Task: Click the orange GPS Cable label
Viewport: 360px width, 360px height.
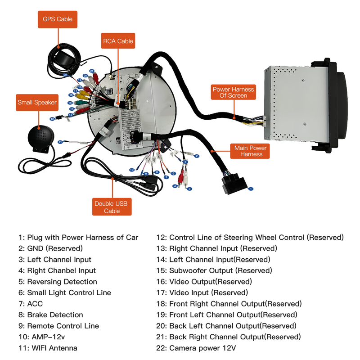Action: [57, 19]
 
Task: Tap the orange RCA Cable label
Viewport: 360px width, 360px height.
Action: [118, 41]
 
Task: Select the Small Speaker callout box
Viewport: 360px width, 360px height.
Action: [37, 102]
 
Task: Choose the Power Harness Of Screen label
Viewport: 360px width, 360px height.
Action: [233, 92]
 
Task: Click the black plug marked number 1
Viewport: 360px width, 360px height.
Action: [234, 185]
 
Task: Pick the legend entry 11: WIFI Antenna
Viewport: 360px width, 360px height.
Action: [48, 348]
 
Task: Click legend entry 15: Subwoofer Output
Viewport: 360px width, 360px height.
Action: [214, 270]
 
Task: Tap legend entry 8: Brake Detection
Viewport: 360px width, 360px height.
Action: [50, 315]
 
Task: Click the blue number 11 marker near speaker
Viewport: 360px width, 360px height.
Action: [60, 142]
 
